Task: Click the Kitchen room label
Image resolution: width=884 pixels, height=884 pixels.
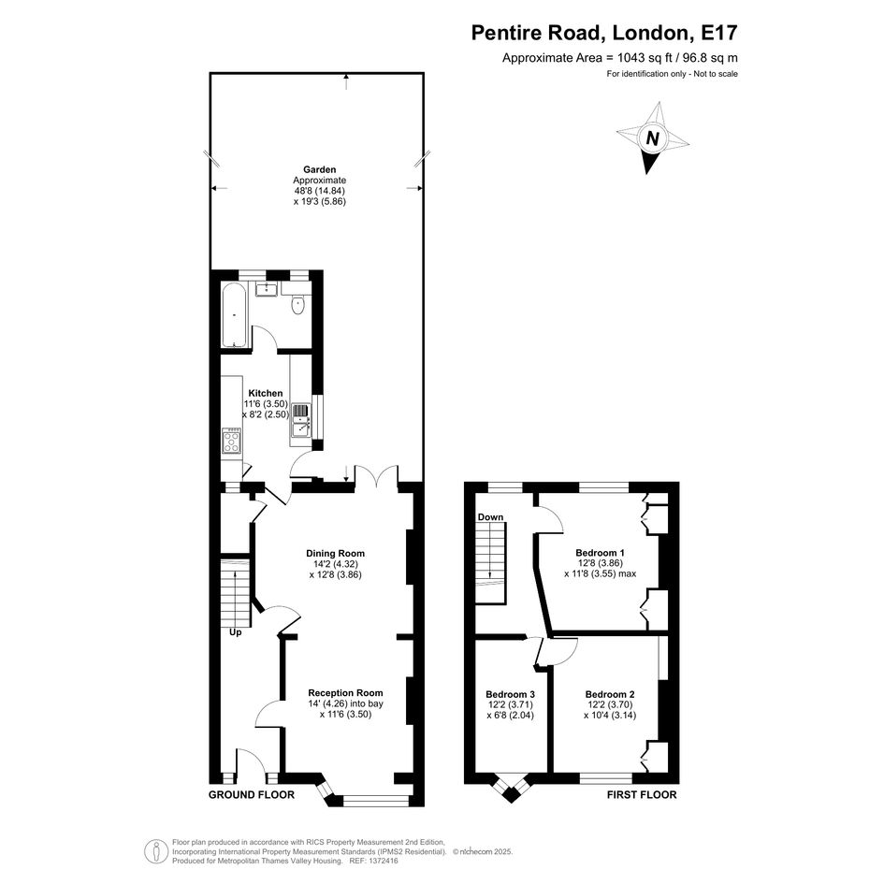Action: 266,393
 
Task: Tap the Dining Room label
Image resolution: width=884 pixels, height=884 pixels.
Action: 336,553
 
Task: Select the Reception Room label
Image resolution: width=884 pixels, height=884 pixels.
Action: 345,693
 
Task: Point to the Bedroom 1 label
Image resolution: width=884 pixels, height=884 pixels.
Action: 600,553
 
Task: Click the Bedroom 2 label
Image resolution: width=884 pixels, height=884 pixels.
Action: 610,694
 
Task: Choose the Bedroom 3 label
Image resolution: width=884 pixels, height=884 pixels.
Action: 510,694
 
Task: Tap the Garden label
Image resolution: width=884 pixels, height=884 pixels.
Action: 320,169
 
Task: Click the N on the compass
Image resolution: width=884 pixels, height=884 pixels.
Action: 652,138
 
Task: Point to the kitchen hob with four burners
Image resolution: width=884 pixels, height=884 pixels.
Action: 232,441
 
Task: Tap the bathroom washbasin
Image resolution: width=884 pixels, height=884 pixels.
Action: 266,289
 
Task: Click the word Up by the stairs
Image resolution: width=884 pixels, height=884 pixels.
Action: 235,632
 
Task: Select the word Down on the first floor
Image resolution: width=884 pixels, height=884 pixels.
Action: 490,517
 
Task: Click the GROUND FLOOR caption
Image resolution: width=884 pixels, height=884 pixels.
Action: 252,795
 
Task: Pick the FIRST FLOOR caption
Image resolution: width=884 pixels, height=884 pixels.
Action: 642,795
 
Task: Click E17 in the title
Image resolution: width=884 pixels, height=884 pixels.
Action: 718,33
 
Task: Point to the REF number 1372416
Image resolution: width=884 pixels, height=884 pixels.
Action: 383,861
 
